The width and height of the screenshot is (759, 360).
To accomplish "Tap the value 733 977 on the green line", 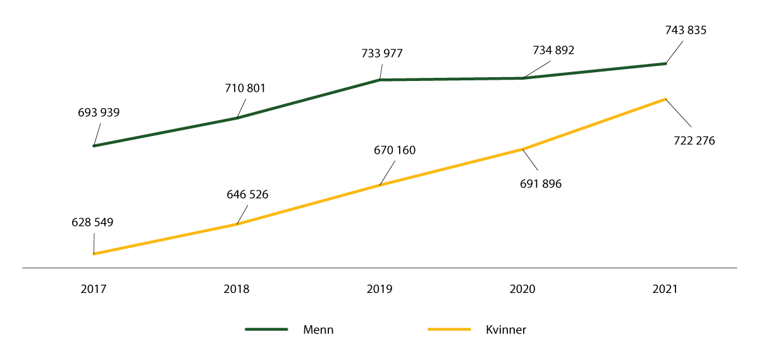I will [x=381, y=53].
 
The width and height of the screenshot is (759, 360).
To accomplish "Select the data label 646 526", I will [x=247, y=194].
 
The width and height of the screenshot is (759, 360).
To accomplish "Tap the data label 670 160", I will [x=395, y=151].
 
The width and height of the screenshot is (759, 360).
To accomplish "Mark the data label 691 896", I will [x=540, y=184].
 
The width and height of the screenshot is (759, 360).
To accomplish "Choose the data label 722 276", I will [x=694, y=140].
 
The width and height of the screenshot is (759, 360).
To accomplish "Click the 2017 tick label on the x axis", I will [x=94, y=289].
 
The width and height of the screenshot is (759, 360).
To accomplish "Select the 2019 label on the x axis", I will [x=379, y=289].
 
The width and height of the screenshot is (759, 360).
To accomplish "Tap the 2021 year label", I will [x=665, y=289].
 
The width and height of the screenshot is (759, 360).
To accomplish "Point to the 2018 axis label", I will [x=237, y=289].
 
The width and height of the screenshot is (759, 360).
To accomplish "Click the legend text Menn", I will [x=318, y=330].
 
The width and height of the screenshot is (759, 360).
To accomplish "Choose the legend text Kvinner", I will [x=506, y=330].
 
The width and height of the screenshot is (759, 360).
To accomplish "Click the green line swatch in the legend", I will [x=266, y=330].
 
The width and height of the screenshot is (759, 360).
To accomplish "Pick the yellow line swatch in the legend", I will [x=449, y=330].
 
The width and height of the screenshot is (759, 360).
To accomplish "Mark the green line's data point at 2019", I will [x=379, y=80].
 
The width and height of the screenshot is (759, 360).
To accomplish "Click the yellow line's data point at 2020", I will [x=522, y=149].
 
